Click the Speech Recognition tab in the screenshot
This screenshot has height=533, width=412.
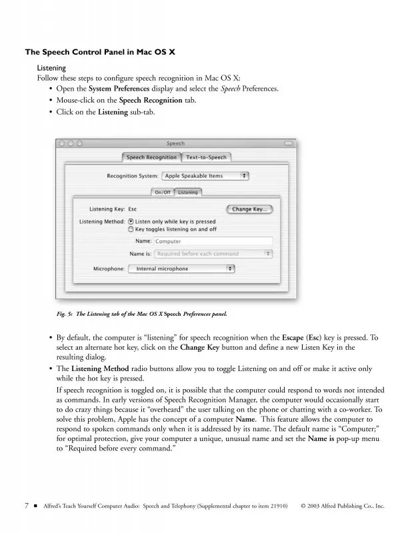point(151,157)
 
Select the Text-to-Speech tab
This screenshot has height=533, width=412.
point(206,157)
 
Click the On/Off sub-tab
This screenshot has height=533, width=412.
point(163,193)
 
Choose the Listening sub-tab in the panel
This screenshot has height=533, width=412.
point(188,193)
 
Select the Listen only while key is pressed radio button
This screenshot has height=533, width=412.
point(131,221)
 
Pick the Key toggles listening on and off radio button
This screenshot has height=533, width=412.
point(131,229)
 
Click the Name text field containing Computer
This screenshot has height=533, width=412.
point(213,241)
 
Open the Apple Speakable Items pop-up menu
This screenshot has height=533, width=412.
point(205,176)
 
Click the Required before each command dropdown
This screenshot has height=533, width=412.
point(213,253)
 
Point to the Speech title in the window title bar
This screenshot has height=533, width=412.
point(175,143)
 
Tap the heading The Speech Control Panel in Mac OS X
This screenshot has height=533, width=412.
point(100,52)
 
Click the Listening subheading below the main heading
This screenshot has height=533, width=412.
point(51,68)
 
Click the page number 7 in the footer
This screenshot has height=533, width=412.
point(27,506)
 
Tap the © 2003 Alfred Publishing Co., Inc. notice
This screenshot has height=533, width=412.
point(343,506)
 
